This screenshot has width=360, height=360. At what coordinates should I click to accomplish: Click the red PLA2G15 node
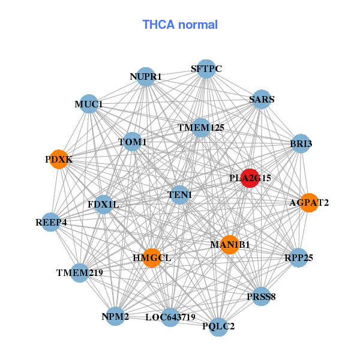tap(250, 178)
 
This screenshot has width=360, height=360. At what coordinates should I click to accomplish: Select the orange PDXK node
tap(58, 160)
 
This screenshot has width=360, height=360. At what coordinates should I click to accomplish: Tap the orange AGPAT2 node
tap(308, 203)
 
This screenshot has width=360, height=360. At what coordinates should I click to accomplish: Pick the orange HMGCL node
tap(152, 258)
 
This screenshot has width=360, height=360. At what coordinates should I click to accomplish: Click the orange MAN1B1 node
tap(230, 244)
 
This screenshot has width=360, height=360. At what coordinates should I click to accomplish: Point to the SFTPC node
tap(206, 69)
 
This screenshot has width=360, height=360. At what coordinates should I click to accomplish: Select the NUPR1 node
tap(146, 77)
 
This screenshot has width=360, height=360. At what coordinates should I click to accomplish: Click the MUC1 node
tap(89, 104)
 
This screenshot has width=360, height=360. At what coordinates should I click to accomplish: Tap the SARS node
tap(262, 100)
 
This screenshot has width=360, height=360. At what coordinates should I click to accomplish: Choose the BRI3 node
tap(301, 143)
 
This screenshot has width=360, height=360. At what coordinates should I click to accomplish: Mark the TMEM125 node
tap(201, 128)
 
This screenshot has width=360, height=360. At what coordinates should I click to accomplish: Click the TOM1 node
tap(133, 142)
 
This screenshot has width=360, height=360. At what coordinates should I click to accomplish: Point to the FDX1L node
tap(103, 205)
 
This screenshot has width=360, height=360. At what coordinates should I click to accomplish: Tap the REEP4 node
tap(51, 223)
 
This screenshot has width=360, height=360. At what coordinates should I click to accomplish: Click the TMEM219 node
tap(80, 273)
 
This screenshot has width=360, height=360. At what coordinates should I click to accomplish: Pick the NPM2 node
tap(115, 316)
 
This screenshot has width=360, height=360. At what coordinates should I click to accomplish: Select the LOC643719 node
tap(170, 317)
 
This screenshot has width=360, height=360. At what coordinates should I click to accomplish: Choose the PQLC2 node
tap(218, 326)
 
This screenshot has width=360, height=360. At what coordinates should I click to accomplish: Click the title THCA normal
tap(180, 25)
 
